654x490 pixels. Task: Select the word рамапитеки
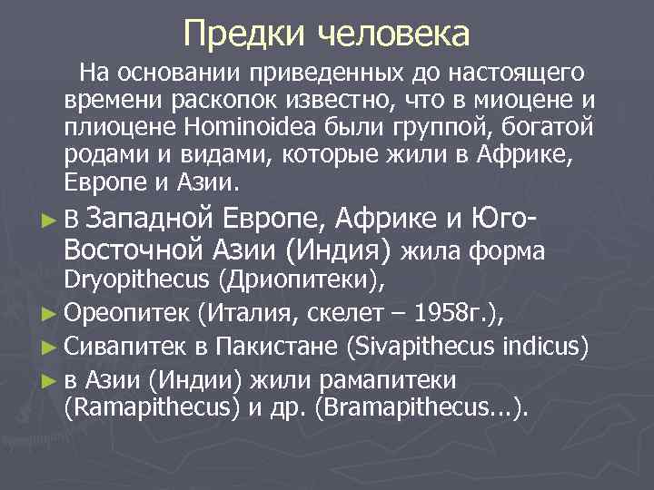[x=387, y=378]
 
